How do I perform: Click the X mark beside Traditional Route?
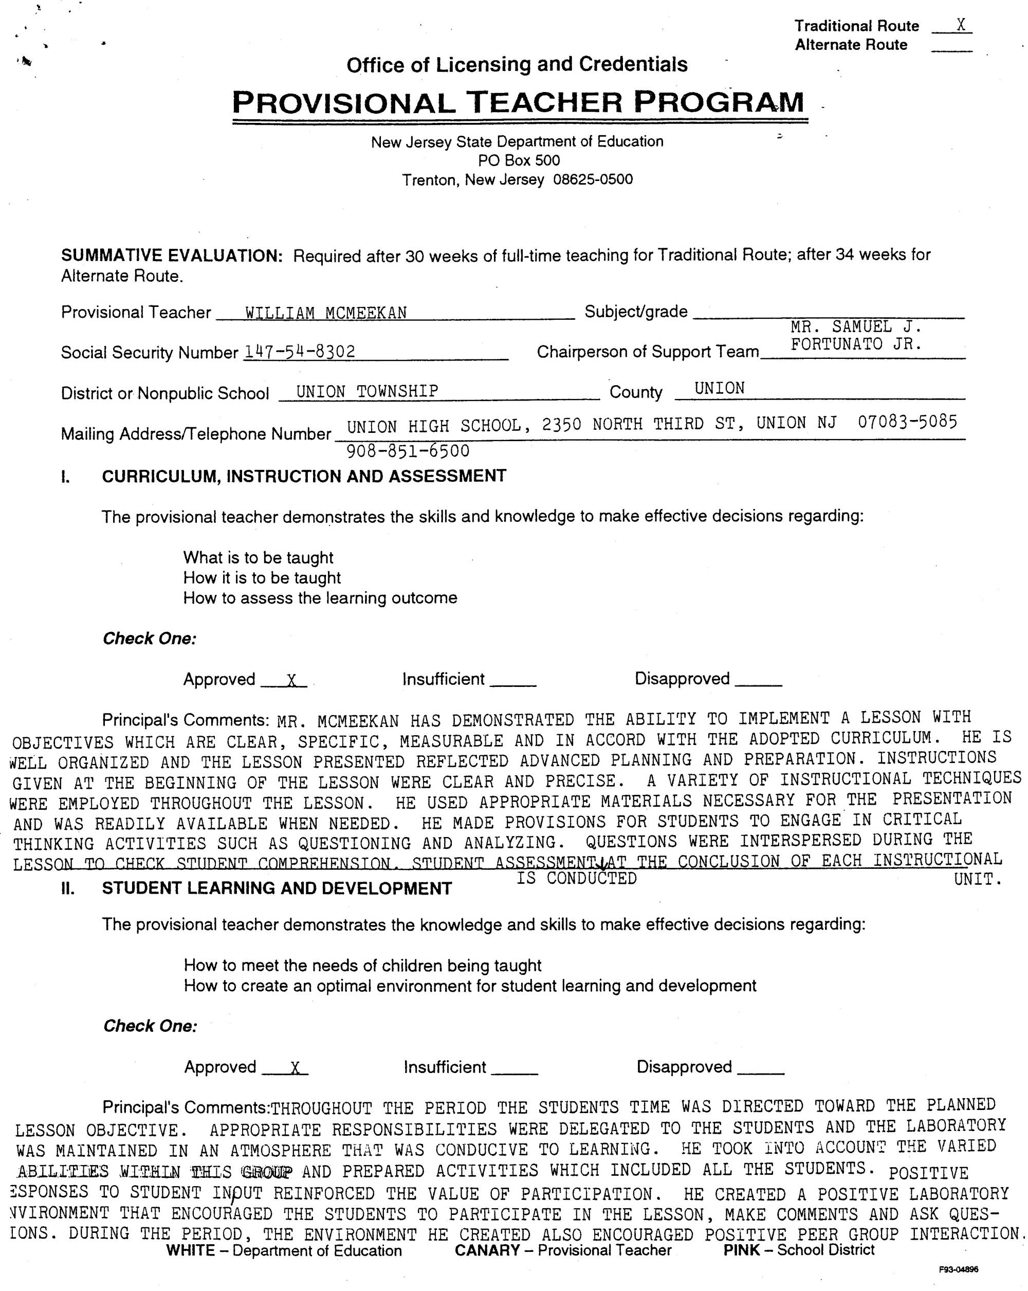point(960,25)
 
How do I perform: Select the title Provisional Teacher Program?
point(518,102)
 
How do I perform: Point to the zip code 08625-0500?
point(593,179)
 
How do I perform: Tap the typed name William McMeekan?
point(326,313)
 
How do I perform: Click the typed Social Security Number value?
point(299,352)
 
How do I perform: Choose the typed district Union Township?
point(367,392)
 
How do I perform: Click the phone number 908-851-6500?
point(408,451)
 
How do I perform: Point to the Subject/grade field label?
point(636,312)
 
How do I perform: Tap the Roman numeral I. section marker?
point(65,477)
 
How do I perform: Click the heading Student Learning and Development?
point(277,888)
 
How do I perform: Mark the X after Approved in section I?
point(291,680)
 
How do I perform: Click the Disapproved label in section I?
point(682,679)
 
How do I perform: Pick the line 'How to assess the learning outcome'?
point(320,597)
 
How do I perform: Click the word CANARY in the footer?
point(486,1250)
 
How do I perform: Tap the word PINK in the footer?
point(741,1250)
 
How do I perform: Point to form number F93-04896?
point(959,1269)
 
